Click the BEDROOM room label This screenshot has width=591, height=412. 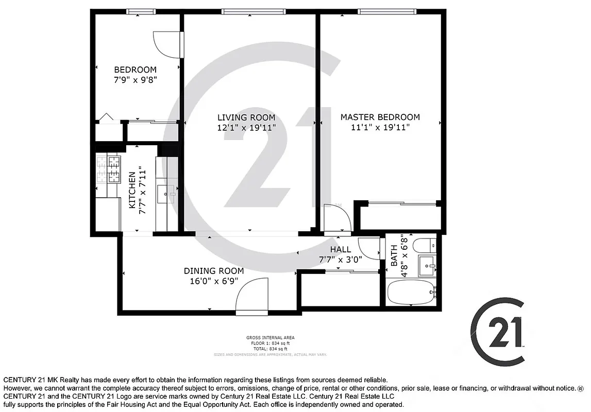pos(135,70)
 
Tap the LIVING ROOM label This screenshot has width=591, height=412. pos(246,117)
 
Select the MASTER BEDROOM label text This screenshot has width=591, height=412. pos(380,117)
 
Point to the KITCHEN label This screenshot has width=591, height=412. pos(132,190)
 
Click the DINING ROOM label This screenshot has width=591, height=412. pos(214,270)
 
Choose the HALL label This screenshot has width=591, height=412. pos(340,249)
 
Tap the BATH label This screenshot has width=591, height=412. pos(394,255)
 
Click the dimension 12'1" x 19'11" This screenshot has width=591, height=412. pos(246,127)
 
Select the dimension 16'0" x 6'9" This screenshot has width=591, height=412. pos(214,281)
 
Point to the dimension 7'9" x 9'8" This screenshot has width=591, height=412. pos(135,80)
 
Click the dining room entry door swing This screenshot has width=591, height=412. pos(252,295)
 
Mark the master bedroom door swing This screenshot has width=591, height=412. pos(336,218)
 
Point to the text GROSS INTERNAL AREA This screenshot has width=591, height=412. pos(270,338)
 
